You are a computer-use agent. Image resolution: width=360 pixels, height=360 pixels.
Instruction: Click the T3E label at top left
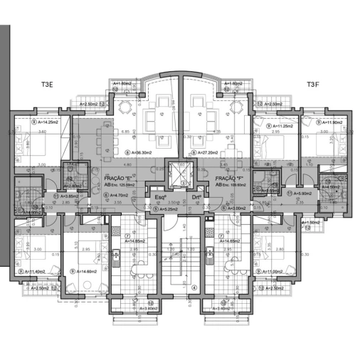[48, 85]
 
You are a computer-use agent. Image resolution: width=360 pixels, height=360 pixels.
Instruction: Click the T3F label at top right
[314, 85]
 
